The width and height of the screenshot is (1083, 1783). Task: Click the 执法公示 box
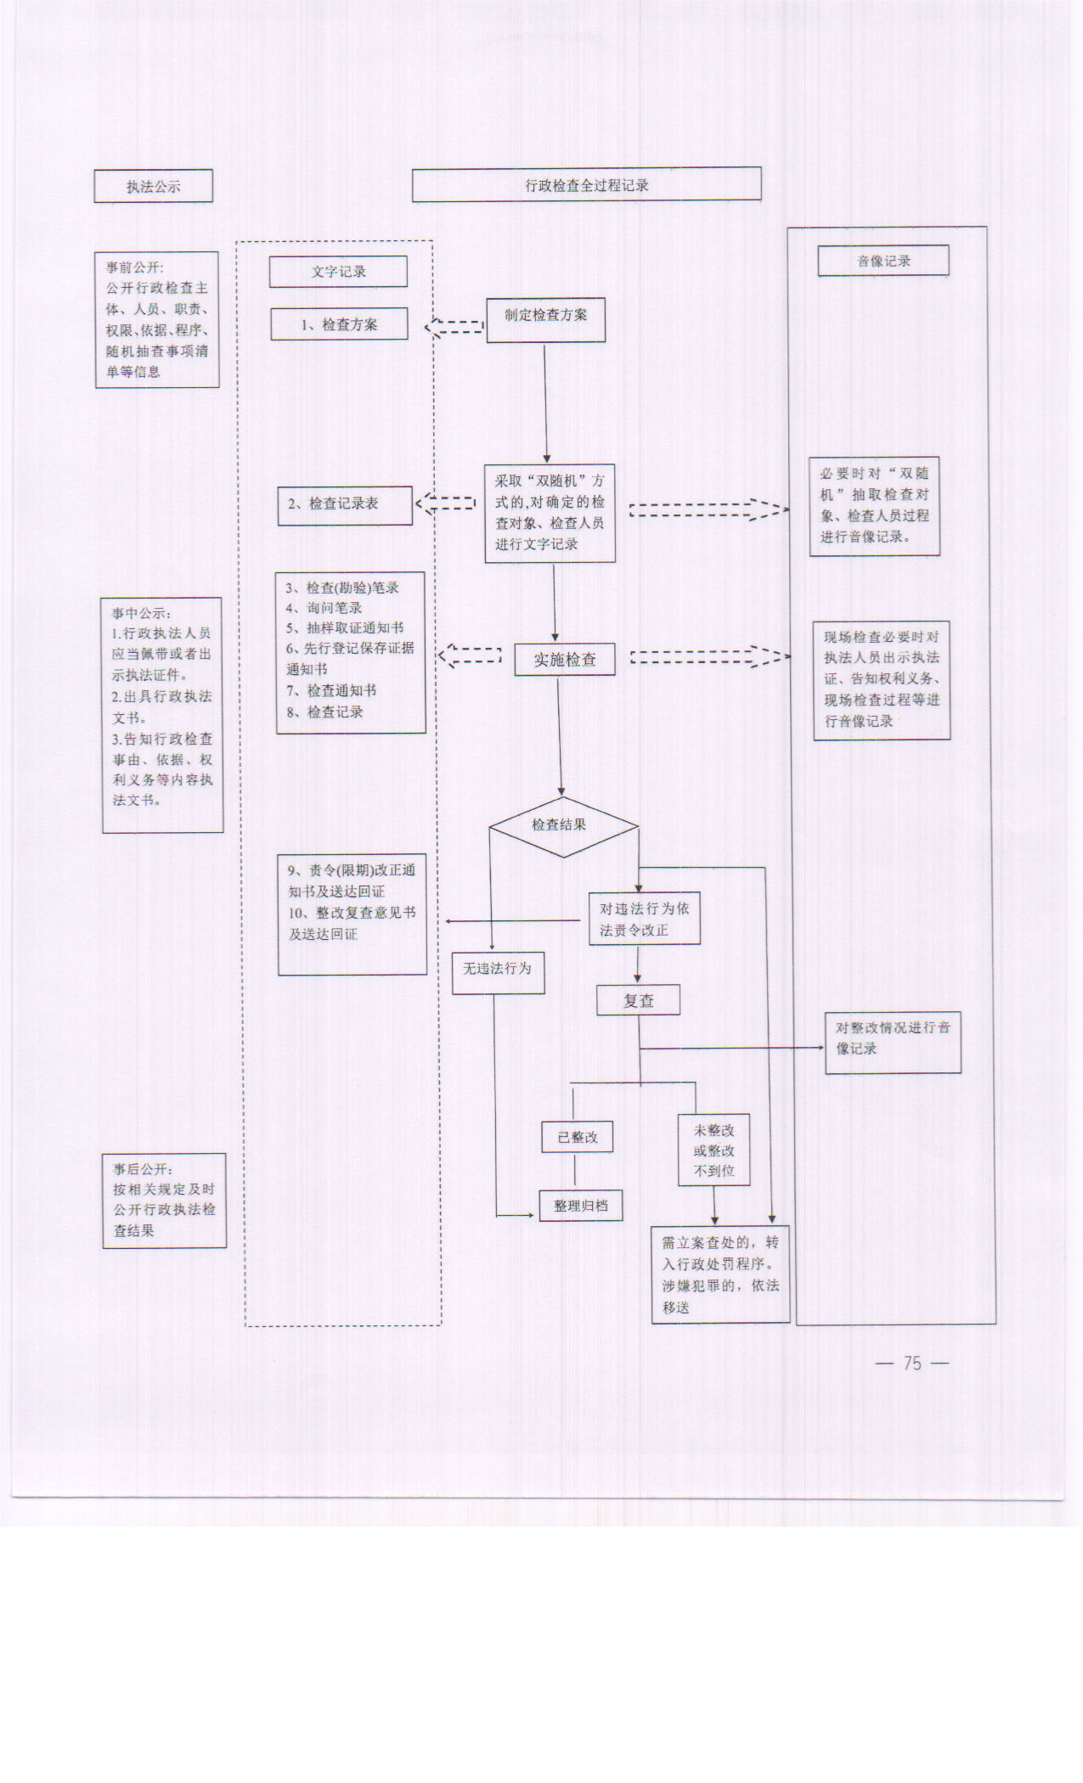point(153,186)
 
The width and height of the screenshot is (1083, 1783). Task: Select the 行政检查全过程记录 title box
point(586,185)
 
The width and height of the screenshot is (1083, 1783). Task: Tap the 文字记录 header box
point(338,272)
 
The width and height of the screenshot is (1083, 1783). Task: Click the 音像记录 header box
point(883,261)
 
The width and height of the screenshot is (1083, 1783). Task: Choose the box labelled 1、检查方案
point(339,324)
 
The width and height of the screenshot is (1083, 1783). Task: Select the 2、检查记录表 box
point(345,504)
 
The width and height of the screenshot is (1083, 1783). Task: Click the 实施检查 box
point(565,660)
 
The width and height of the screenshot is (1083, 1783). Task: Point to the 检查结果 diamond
point(562,826)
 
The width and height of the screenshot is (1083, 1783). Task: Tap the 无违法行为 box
point(498,972)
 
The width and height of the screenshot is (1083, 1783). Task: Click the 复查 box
point(638,1001)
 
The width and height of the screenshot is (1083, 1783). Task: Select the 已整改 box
point(577,1137)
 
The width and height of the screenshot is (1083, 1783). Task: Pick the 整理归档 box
point(581,1206)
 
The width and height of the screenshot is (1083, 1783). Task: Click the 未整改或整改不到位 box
point(714,1150)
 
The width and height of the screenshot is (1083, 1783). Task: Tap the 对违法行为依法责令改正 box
point(645,919)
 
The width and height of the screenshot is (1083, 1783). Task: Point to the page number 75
point(912,1363)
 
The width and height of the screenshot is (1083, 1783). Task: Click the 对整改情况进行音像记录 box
point(893,1042)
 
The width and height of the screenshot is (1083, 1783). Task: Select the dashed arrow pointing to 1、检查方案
point(454,326)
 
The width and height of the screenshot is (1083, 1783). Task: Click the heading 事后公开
point(144,1169)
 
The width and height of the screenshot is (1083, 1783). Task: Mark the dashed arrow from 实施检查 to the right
point(709,657)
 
